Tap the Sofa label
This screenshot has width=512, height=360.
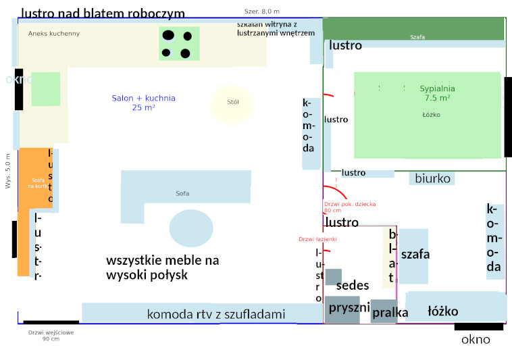(182, 195)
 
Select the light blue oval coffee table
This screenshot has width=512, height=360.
(191, 228)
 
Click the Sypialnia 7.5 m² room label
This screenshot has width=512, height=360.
(437, 93)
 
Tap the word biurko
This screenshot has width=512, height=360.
(433, 179)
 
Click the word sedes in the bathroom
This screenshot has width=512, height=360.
(353, 286)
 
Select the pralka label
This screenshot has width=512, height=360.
(390, 313)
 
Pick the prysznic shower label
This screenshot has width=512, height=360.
(349, 308)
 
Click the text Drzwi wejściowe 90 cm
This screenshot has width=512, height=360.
(51, 335)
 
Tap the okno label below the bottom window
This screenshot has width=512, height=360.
(476, 340)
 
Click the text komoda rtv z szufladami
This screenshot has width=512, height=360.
(216, 314)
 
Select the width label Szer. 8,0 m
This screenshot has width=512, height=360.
(262, 11)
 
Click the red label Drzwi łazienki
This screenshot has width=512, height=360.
(317, 239)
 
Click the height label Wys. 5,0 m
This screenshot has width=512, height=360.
(8, 171)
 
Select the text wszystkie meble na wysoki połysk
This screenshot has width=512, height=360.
(163, 267)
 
